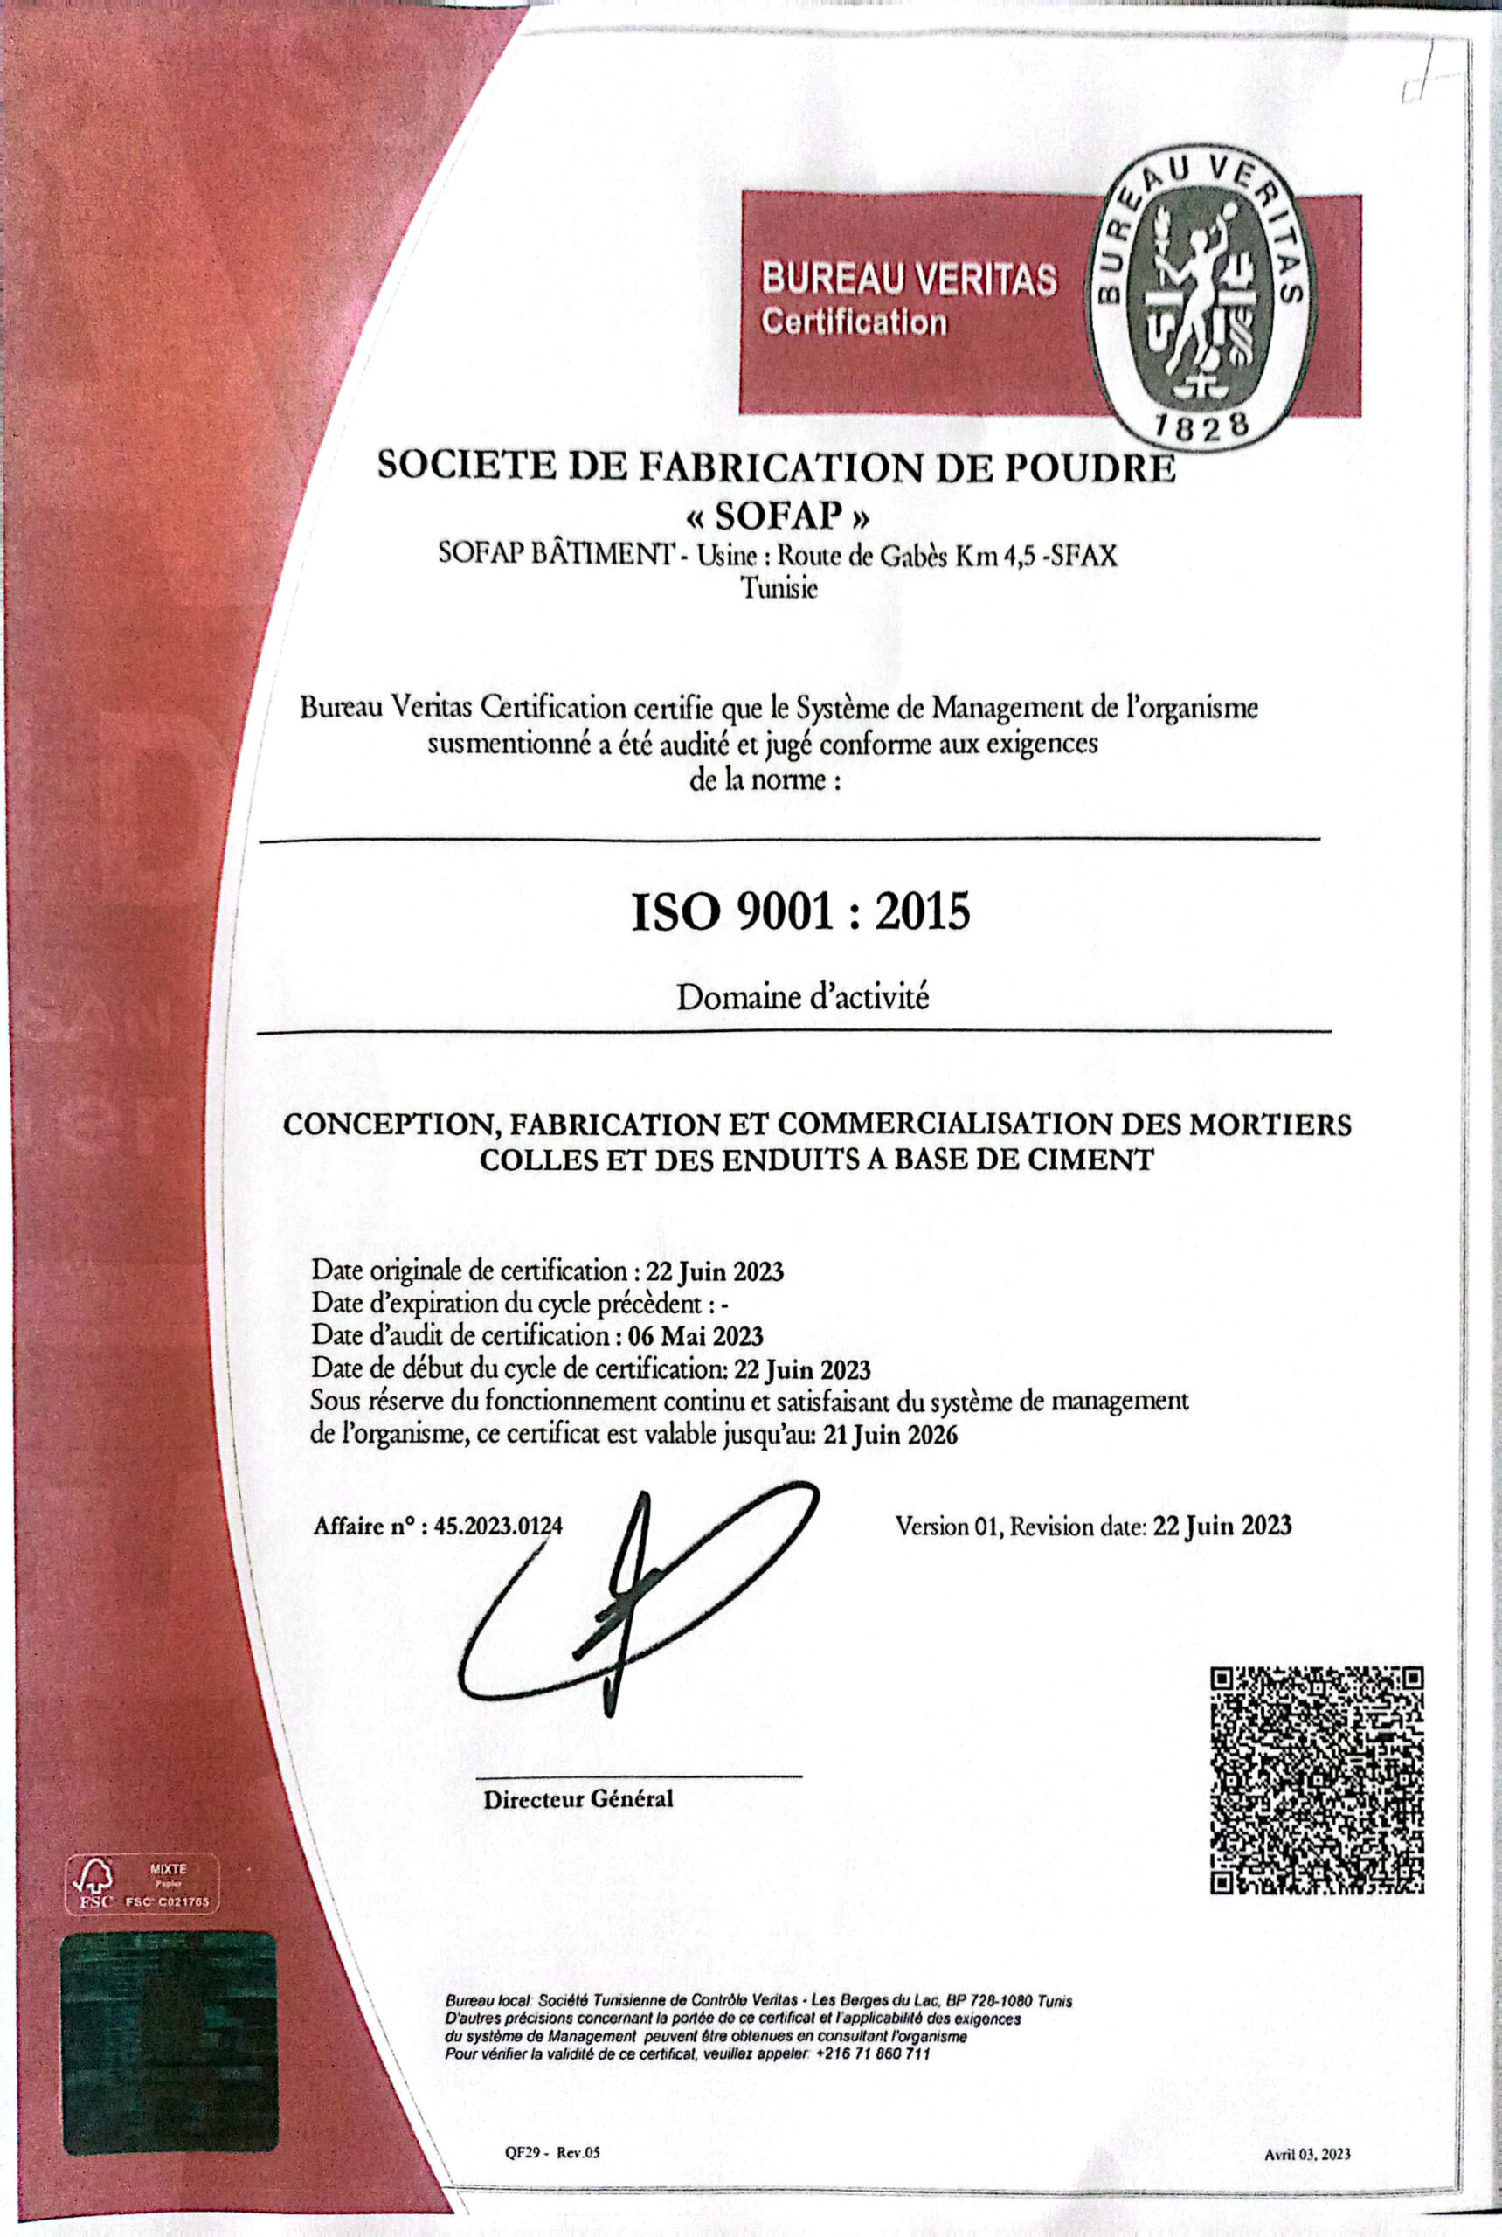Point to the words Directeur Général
coord(578,1798)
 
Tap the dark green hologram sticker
coord(170,2055)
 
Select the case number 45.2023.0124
coord(498,1527)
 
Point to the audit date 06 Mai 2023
coord(696,1335)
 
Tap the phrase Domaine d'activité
coord(803,997)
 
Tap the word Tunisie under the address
coord(779,589)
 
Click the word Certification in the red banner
coord(854,322)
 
